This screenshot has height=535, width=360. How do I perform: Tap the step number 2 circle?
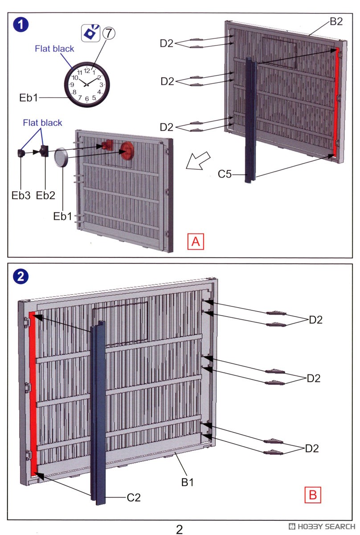(x=21, y=277)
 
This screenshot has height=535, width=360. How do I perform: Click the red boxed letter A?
(x=196, y=242)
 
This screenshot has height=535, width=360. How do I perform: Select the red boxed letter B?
(x=313, y=494)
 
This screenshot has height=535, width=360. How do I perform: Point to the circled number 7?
(x=108, y=33)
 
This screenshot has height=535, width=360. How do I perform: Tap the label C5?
(x=225, y=174)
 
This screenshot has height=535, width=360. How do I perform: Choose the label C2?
(x=134, y=498)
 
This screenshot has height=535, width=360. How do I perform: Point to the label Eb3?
(x=22, y=195)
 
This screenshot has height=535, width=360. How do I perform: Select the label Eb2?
(x=45, y=195)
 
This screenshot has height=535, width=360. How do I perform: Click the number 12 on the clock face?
(x=87, y=70)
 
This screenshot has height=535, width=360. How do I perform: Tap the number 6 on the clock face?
(x=87, y=99)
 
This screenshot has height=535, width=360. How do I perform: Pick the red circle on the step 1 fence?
(x=127, y=150)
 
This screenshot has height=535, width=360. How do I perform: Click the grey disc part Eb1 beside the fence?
(x=61, y=158)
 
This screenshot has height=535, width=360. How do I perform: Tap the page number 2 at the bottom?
(x=179, y=529)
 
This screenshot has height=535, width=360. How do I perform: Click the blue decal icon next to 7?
(x=91, y=33)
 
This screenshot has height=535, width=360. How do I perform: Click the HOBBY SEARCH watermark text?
(x=325, y=527)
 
